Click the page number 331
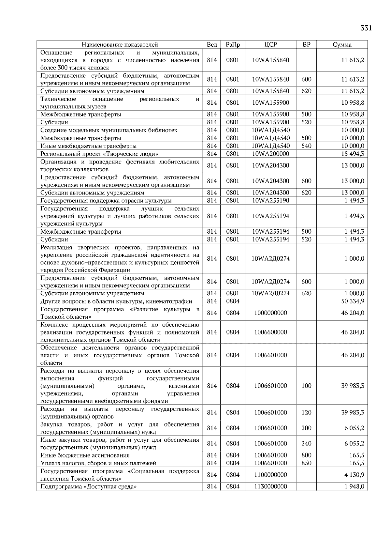point(366,28)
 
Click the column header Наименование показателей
point(120,45)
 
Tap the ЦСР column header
point(270,45)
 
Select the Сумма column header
point(342,45)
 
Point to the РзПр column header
point(233,45)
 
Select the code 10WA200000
point(270,154)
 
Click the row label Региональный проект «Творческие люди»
point(99,154)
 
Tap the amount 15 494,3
point(353,154)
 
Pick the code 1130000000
point(270,486)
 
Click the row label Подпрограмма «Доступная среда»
point(88,486)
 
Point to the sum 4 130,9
point(354,475)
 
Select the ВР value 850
point(306,463)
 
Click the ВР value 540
point(306,146)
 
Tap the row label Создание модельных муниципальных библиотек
point(109,130)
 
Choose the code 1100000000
point(270,475)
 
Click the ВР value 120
point(306,412)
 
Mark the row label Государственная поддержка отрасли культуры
point(106,201)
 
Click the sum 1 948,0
point(354,486)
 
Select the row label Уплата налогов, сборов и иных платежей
point(98,463)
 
